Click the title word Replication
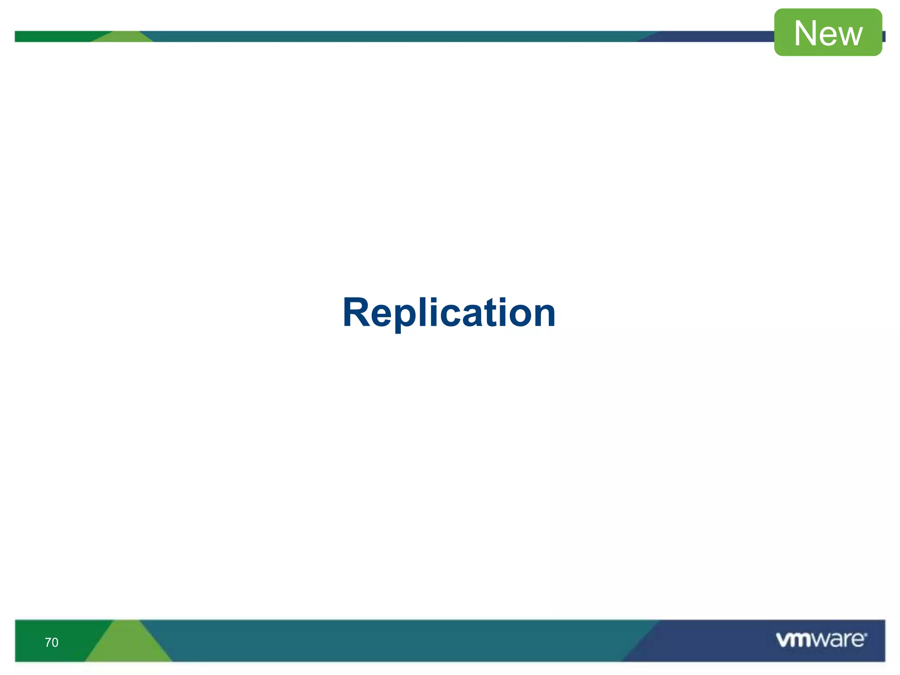click(x=449, y=313)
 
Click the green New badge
click(x=828, y=33)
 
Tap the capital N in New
click(x=805, y=33)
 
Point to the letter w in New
click(x=848, y=35)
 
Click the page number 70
click(x=51, y=642)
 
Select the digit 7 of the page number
click(x=48, y=642)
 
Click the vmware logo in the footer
click(x=821, y=640)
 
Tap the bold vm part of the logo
click(x=793, y=640)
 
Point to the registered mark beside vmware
click(x=866, y=635)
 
